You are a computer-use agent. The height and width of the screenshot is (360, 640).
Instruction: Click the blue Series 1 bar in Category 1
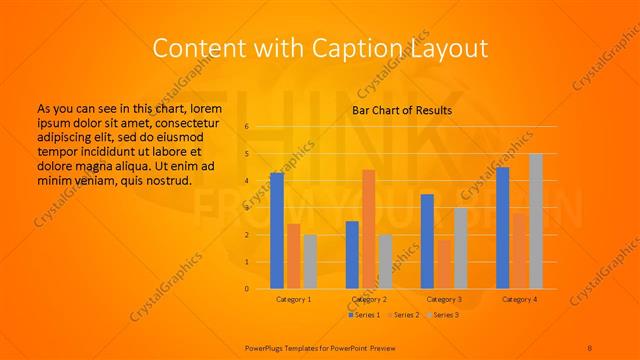[x=276, y=231]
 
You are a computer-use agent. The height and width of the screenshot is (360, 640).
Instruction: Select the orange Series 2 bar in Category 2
[x=368, y=229]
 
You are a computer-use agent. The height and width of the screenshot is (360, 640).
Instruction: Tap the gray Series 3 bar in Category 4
[x=536, y=221]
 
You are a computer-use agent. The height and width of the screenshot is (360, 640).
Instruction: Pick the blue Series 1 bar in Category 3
[x=427, y=241]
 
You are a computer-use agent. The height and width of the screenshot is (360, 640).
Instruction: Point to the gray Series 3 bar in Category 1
[x=310, y=262]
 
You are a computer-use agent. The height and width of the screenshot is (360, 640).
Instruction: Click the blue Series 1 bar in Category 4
[x=502, y=228]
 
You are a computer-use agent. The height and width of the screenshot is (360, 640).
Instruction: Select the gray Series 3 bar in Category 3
[x=460, y=248]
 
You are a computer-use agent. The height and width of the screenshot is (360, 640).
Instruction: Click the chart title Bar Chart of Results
[x=401, y=110]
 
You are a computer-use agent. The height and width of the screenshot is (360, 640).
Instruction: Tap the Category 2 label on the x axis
[x=369, y=299]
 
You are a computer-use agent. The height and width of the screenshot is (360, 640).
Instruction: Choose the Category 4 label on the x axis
[x=519, y=299]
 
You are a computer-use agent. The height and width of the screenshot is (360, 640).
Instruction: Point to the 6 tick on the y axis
[x=246, y=127]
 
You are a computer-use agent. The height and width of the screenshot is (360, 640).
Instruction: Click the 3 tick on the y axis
[x=246, y=208]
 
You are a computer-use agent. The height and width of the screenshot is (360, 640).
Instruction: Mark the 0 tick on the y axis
[x=246, y=289]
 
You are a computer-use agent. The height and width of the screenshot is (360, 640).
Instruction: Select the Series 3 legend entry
[x=444, y=314]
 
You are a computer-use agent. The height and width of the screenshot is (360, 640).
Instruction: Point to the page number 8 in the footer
[x=590, y=346]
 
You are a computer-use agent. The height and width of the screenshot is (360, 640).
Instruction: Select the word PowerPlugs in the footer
[x=265, y=346]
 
